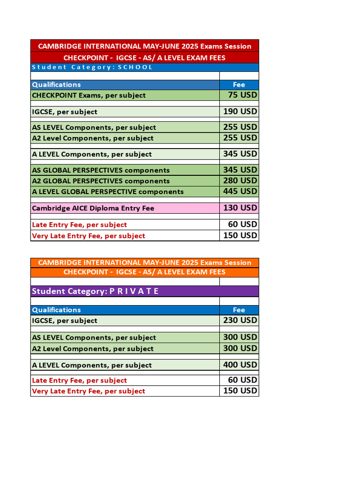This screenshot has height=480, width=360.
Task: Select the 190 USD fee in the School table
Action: (x=240, y=112)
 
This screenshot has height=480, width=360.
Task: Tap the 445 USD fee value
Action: (x=240, y=191)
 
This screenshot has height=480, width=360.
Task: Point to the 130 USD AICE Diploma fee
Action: (x=240, y=208)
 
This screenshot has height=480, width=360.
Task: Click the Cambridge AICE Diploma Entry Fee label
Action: (x=93, y=208)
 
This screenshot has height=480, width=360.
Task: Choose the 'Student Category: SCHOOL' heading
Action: (x=92, y=67)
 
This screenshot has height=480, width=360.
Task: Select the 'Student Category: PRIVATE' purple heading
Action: (x=95, y=291)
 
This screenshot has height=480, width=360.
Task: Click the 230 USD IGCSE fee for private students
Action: (x=240, y=320)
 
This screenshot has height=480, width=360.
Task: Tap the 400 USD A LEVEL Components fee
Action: (x=240, y=365)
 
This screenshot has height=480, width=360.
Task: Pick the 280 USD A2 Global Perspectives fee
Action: (x=240, y=180)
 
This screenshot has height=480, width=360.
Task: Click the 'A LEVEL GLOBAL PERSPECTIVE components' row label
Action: (x=108, y=192)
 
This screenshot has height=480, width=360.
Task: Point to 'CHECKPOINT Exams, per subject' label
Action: (x=89, y=95)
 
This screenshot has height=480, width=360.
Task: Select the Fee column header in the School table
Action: (x=239, y=85)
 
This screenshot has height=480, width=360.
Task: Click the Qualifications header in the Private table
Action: (x=56, y=310)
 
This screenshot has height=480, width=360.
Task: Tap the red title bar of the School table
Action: (x=144, y=46)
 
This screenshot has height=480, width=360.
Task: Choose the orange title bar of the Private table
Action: (x=144, y=262)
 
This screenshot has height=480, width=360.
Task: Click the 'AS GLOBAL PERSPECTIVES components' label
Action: (x=101, y=170)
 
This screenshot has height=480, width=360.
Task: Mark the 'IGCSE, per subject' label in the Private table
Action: (x=65, y=321)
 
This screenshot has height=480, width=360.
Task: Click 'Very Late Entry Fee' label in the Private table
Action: (x=89, y=391)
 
